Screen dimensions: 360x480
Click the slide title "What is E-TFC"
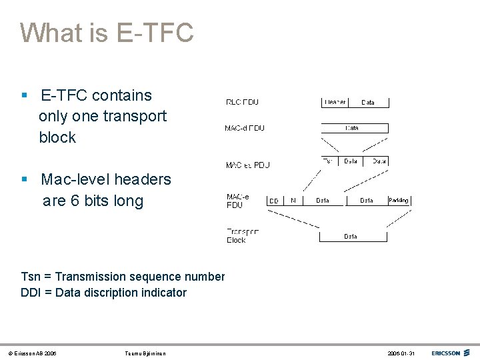tap(107, 33)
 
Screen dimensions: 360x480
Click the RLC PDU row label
tap(243, 102)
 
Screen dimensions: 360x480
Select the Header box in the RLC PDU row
tap(334, 102)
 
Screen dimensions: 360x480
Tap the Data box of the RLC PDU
tap(368, 102)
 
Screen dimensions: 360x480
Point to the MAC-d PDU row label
tap(245, 128)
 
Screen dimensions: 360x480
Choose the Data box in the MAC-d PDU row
tap(355, 127)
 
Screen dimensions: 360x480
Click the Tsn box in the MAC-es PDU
tap(329, 161)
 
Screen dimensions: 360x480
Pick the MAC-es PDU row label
tap(247, 165)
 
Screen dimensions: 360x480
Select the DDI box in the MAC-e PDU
tap(274, 200)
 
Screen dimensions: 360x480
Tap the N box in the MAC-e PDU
tap(293, 200)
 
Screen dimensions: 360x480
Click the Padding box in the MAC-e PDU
tap(399, 200)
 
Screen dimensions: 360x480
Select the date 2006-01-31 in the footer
tap(402, 353)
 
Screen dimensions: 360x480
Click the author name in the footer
tap(145, 353)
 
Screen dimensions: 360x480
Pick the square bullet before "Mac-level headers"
tap(24, 179)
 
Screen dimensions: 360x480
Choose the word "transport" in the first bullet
tap(135, 116)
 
